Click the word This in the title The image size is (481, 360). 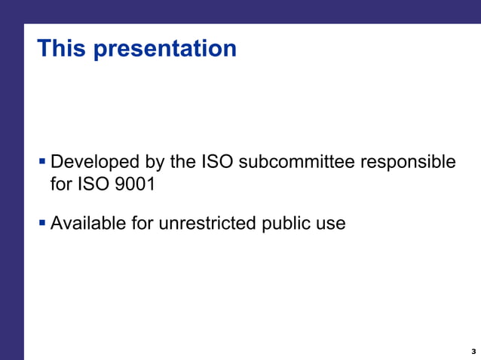[x=63, y=48]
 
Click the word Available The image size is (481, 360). [x=90, y=223]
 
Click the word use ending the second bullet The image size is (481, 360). [x=331, y=224]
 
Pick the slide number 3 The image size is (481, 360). [x=473, y=352]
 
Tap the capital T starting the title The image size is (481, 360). [x=44, y=48]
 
